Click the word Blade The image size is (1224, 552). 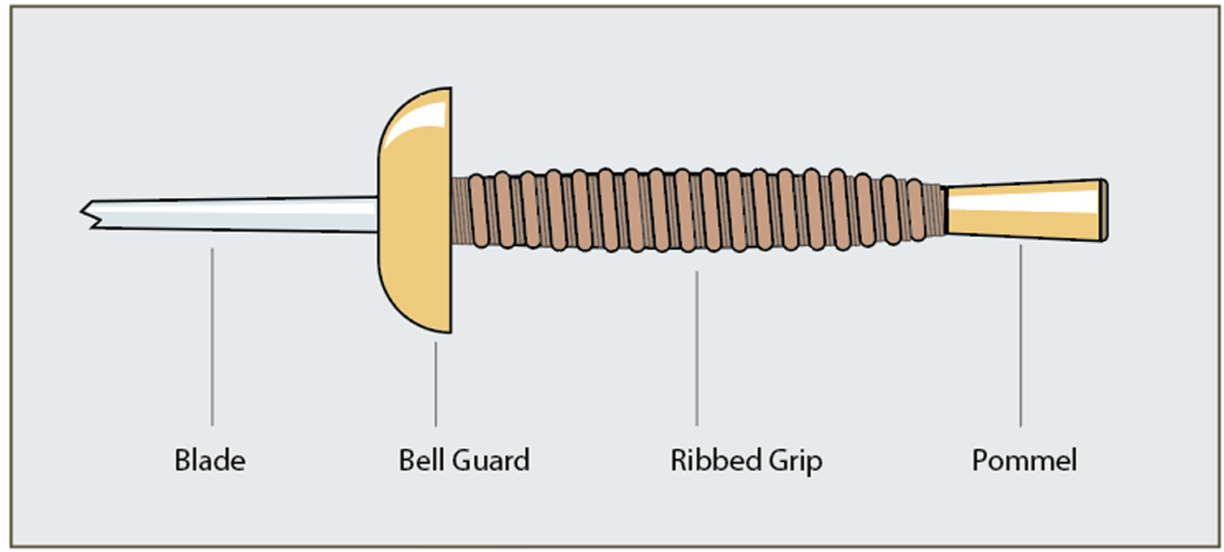[x=209, y=461]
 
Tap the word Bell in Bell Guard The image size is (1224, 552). [x=419, y=461]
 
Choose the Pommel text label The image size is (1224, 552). [x=1024, y=461]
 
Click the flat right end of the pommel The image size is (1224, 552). [x=1104, y=209]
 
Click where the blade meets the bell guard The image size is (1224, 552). [x=377, y=214]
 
